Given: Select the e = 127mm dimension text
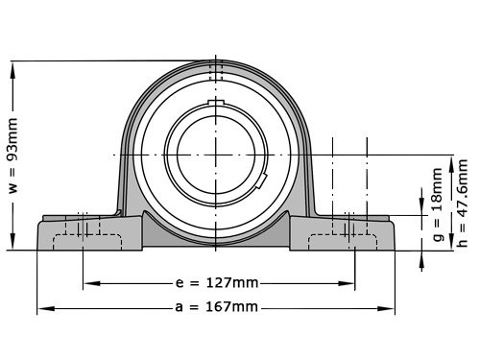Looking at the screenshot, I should [x=217, y=283].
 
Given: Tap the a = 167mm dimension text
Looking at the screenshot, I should [x=217, y=307].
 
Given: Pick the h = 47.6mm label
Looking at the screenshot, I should [x=463, y=203].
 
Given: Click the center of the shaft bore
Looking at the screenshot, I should [x=217, y=154].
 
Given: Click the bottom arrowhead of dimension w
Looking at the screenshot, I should [x=13, y=244].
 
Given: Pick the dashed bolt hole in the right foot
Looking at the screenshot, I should [x=349, y=228].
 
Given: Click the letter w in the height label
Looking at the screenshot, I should [x=13, y=188].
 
